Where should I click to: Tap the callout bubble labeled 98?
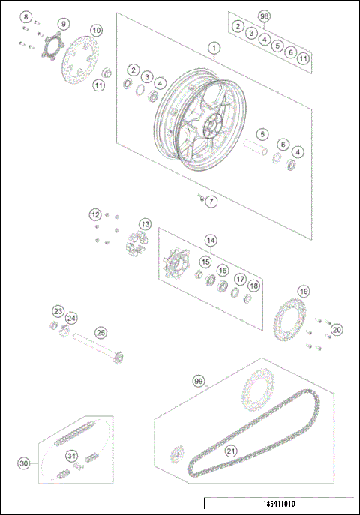pos(263,16)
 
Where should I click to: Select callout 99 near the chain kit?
pos(198,382)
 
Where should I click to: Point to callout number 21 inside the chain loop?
pos(230,451)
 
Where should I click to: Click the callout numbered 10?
pos(96,30)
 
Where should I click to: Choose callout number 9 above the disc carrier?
pos(62,23)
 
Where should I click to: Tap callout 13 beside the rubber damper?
pos(144,224)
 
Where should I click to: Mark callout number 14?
pos(211,241)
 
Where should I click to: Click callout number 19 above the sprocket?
pos(303,291)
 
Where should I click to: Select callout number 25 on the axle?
pos(100,332)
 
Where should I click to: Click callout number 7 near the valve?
pos(211,202)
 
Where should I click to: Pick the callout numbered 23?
pos(58,310)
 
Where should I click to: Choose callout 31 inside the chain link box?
pos(71,456)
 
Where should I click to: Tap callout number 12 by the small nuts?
pos(95,214)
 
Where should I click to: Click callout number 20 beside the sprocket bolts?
pos(337,329)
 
